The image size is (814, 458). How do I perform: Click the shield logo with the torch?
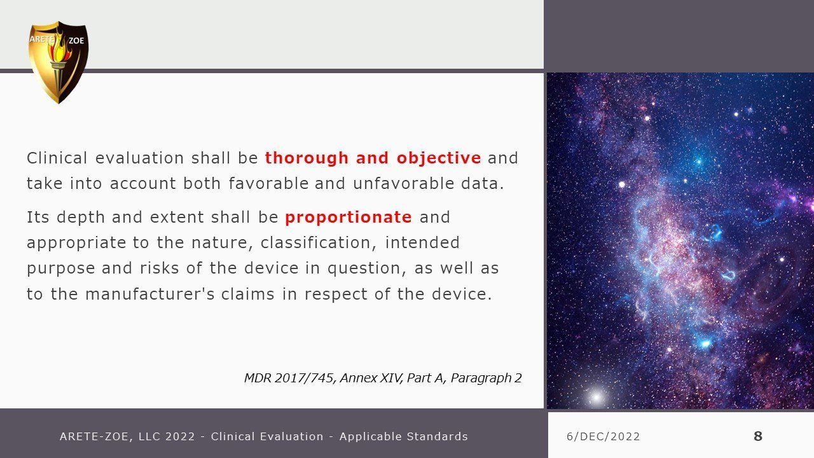pyautogui.click(x=58, y=62)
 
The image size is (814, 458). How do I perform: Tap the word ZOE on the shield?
pyautogui.click(x=76, y=41)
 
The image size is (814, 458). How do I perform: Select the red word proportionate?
pyautogui.click(x=348, y=218)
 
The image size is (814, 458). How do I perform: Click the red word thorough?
pyautogui.click(x=307, y=158)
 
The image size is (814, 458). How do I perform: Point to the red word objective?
pyautogui.click(x=439, y=158)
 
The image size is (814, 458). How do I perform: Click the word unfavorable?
pyautogui.click(x=403, y=184)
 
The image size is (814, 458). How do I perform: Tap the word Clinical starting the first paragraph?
pyautogui.click(x=57, y=158)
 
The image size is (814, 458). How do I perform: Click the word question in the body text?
pyautogui.click(x=367, y=269)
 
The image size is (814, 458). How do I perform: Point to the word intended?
pyautogui.click(x=422, y=242)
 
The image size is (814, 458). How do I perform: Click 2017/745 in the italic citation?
pyautogui.click(x=305, y=378)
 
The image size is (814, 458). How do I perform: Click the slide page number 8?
pyautogui.click(x=757, y=436)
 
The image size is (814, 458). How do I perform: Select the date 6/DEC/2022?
pyautogui.click(x=604, y=436)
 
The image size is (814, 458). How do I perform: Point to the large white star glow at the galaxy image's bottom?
pyautogui.click(x=597, y=396)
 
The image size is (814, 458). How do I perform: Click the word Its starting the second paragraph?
pyautogui.click(x=38, y=218)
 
